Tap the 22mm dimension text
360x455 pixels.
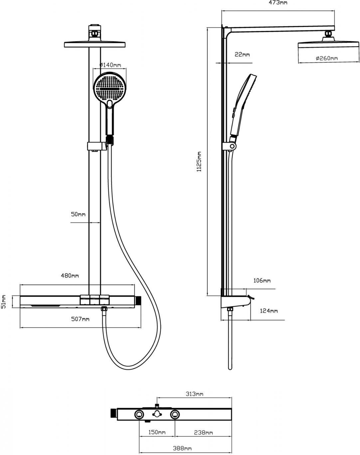pyautogui.click(x=242, y=54)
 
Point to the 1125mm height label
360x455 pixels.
pyautogui.click(x=199, y=162)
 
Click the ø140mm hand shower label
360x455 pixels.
pyautogui.click(x=110, y=65)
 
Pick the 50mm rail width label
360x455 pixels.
pyautogui.click(x=78, y=214)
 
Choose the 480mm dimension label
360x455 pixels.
pyautogui.click(x=70, y=276)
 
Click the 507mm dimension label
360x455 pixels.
pyautogui.click(x=80, y=319)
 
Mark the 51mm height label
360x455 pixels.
pyautogui.click(x=4, y=301)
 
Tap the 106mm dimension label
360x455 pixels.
pyautogui.click(x=262, y=281)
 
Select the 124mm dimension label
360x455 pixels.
pyautogui.click(x=269, y=311)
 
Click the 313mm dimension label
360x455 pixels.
pyautogui.click(x=194, y=394)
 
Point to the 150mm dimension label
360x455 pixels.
pyautogui.click(x=157, y=432)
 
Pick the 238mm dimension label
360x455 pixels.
pyautogui.click(x=204, y=432)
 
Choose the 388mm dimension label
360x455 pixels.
pyautogui.click(x=182, y=448)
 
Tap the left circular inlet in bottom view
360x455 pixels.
pyautogui.click(x=139, y=414)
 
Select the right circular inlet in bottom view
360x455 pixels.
pyautogui.click(x=175, y=414)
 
